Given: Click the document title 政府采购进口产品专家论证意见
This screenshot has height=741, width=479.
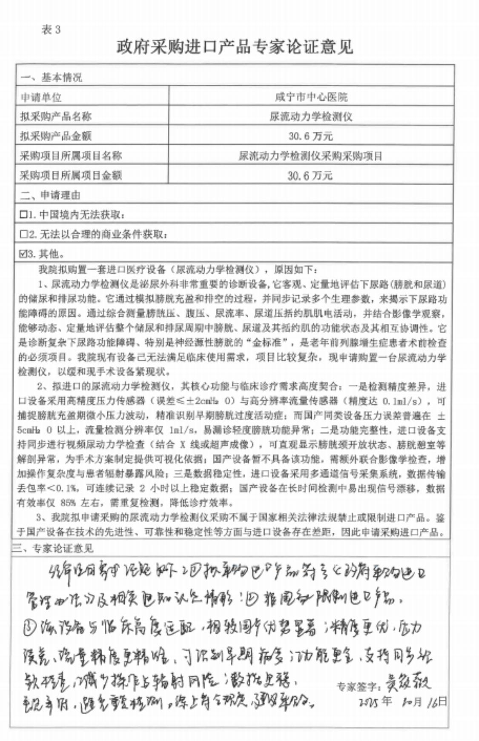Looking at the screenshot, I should (x=235, y=46).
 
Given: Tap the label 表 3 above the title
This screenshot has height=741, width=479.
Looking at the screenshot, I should (x=51, y=29).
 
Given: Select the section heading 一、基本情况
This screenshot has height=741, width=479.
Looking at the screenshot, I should (x=51, y=77).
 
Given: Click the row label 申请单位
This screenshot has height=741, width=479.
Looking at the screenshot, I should (x=41, y=97).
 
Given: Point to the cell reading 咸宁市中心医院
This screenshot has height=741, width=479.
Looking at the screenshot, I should (x=311, y=97).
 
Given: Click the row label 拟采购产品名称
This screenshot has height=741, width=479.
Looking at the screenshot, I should (x=56, y=116).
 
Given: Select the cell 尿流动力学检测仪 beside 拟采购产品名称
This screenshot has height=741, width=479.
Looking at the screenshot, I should (x=311, y=116).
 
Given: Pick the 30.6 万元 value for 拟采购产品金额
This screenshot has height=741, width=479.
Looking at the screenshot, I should (x=310, y=136).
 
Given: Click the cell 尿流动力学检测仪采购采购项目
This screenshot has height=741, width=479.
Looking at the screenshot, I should (x=310, y=156).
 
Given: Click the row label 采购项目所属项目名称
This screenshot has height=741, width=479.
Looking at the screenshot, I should (x=71, y=156).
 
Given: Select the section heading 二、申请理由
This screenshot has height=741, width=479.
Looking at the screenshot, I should (x=50, y=195).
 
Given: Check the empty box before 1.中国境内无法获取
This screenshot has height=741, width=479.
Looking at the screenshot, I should (x=23, y=215).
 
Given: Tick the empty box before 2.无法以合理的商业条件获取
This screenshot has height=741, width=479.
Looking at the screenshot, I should (x=23, y=234).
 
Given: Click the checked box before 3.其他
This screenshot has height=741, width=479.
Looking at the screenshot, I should (x=23, y=254).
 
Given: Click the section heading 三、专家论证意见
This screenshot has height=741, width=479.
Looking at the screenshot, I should (x=53, y=548).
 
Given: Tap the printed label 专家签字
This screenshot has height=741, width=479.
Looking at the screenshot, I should (x=358, y=687).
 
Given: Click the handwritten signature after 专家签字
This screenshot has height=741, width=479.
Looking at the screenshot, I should (x=407, y=684).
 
